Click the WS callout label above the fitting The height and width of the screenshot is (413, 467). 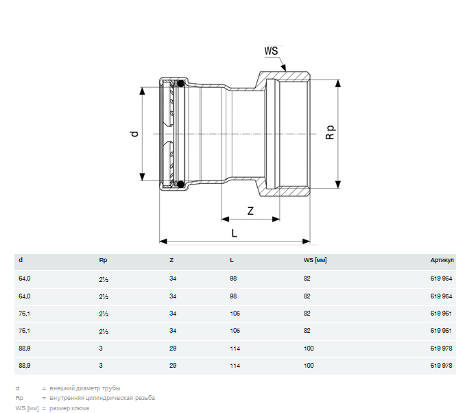(271, 51)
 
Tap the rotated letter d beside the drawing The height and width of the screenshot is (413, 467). (134, 134)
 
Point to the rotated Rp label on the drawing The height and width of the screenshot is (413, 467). (331, 132)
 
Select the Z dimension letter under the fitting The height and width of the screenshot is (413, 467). (250, 211)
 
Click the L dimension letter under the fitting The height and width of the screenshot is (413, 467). (235, 233)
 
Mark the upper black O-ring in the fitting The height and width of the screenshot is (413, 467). (180, 84)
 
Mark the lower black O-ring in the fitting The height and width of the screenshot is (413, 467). (180, 184)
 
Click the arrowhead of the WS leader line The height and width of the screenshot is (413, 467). (283, 67)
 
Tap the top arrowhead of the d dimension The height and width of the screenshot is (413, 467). (143, 91)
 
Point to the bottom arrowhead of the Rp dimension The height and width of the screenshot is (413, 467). (338, 184)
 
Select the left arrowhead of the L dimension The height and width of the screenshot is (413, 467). (163, 241)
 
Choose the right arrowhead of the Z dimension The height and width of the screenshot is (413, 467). (276, 220)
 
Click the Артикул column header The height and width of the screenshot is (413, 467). (442, 260)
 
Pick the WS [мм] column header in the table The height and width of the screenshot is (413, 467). (315, 260)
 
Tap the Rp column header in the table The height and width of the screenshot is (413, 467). (103, 260)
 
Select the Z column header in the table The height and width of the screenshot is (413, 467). (171, 260)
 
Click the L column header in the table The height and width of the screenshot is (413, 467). (232, 260)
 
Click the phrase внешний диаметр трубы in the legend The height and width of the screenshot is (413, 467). (85, 388)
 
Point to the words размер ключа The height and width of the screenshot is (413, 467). (69, 408)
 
